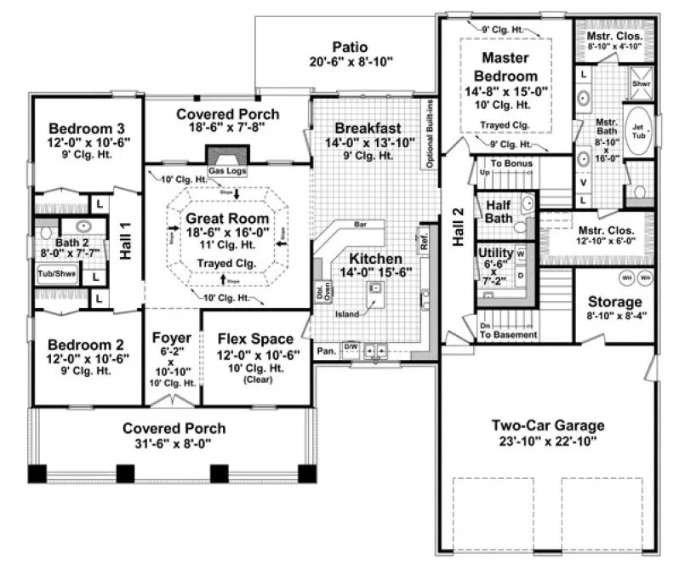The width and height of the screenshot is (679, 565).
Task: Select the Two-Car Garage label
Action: pos(548,425)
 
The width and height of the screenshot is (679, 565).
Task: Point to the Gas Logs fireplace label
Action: pos(225,171)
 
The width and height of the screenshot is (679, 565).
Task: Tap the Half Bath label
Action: pos(499,212)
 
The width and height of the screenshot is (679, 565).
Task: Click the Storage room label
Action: pos(614,302)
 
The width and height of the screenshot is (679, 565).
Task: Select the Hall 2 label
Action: pos(458,228)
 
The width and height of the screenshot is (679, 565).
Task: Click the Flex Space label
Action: pos(255,339)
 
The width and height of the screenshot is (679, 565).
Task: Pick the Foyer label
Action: pos(171,339)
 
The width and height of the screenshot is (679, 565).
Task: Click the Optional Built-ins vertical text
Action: pos(431,134)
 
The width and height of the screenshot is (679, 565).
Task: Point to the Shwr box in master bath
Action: pos(640,84)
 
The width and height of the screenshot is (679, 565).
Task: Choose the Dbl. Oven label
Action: pos(319,292)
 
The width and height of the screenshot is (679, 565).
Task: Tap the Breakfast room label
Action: pos(368,128)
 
